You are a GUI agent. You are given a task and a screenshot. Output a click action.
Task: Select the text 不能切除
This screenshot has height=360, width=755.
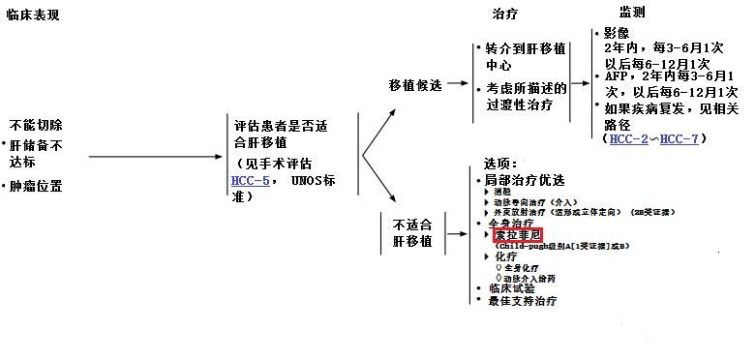[37, 126]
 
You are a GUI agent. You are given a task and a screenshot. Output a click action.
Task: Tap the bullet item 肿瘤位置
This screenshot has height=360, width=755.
[37, 185]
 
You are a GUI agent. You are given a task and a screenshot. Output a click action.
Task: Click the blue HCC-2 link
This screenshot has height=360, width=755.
[630, 139]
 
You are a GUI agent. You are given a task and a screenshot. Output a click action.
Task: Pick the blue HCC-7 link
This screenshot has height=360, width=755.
[679, 139]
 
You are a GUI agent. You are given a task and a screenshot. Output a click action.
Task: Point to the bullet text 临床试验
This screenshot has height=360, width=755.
[510, 287]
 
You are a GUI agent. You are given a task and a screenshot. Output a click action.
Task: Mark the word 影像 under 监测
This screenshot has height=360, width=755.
[616, 32]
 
